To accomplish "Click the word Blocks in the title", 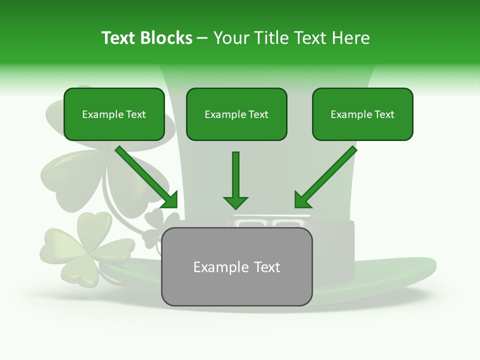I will [167, 38].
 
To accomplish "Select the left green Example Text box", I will [114, 114].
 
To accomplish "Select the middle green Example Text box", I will [236, 114].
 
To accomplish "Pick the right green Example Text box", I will [362, 114].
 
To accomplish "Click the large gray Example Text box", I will [236, 266].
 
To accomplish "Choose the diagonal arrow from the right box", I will [326, 176].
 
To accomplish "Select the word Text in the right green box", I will [384, 114].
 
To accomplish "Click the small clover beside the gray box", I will [159, 220].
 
